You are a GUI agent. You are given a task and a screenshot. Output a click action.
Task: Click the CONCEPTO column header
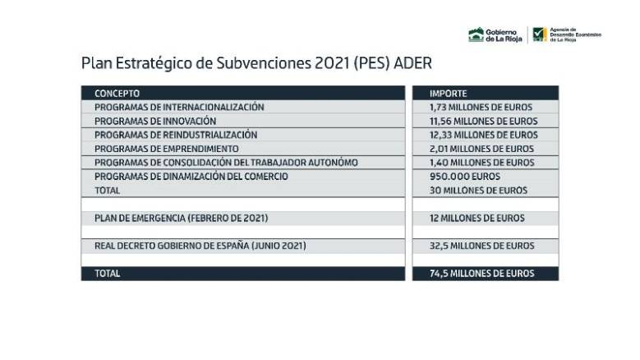pyautogui.click(x=117, y=93)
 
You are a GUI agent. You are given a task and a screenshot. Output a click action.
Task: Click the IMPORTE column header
pyautogui.click(x=448, y=93)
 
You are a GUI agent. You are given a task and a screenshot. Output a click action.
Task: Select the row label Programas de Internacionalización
pyautogui.click(x=179, y=107)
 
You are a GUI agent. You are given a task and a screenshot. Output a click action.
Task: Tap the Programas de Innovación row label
pyautogui.click(x=156, y=121)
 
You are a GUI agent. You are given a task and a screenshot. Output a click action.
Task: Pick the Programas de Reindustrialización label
pyautogui.click(x=176, y=135)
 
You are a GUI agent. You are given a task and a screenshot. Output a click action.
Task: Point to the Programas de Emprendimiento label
pyautogui.click(x=167, y=149)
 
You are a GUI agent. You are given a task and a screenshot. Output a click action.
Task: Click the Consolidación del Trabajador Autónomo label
pyautogui.click(x=226, y=163)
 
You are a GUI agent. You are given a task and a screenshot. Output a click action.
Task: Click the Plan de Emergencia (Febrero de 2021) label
pyautogui.click(x=181, y=218)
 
